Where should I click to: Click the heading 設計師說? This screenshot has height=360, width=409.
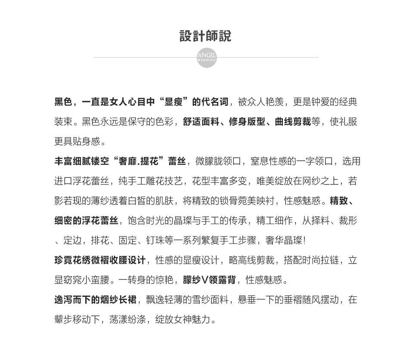pyautogui.click(x=205, y=36)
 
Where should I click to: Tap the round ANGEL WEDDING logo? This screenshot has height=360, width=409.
pyautogui.click(x=207, y=58)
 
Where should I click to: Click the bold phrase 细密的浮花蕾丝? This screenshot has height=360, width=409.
pyautogui.click(x=86, y=221)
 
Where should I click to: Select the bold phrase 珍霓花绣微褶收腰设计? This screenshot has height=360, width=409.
pyautogui.click(x=100, y=260)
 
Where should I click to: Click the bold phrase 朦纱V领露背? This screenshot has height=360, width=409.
pyautogui.click(x=209, y=280)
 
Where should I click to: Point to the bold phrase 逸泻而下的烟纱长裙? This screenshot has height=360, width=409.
pyautogui.click(x=95, y=300)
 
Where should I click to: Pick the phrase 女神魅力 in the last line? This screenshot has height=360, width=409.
pyautogui.click(x=192, y=320)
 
